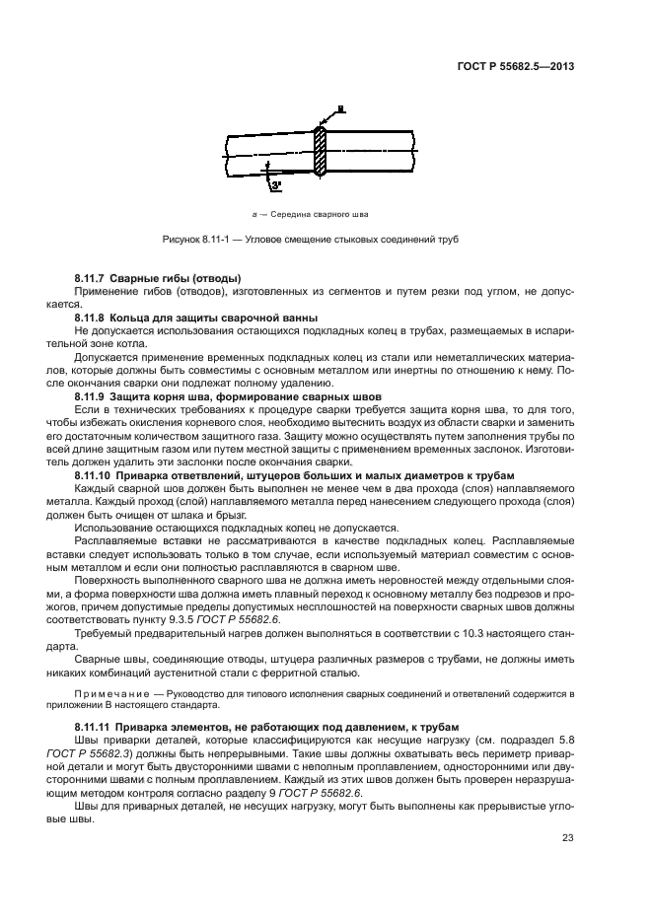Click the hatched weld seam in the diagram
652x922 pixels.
pyautogui.click(x=320, y=152)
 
